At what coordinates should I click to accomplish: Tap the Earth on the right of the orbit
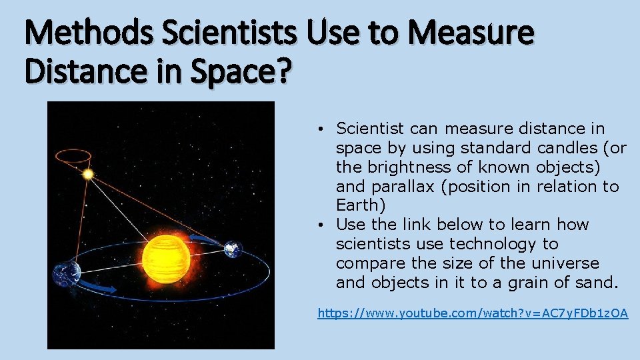(x=231, y=249)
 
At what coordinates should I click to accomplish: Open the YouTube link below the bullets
(x=473, y=312)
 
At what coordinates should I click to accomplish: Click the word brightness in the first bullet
(x=397, y=167)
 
